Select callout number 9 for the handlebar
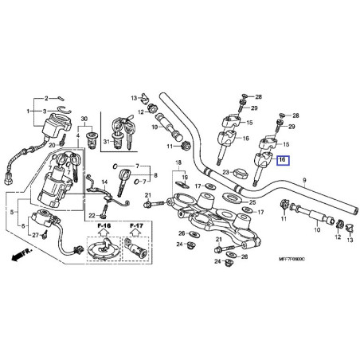(x=303, y=181)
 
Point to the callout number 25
(x=252, y=203)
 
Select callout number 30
(x=85, y=119)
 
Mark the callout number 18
(x=178, y=162)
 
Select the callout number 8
(x=156, y=175)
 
